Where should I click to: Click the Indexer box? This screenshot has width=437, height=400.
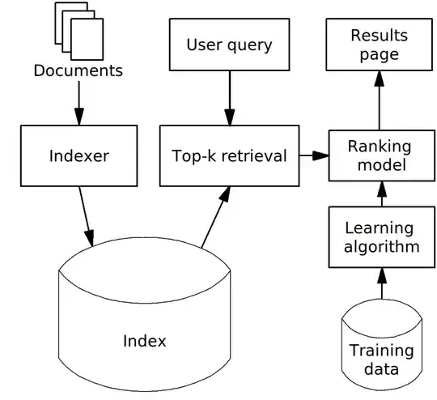click(78, 156)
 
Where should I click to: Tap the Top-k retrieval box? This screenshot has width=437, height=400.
click(229, 155)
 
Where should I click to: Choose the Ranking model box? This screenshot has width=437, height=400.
click(379, 155)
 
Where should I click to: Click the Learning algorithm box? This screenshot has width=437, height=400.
click(379, 236)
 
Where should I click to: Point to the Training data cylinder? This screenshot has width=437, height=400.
click(380, 349)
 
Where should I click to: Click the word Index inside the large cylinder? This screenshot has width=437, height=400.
click(144, 341)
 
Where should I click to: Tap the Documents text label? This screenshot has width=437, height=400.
click(78, 70)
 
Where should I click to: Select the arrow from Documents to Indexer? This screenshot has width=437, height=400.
click(78, 100)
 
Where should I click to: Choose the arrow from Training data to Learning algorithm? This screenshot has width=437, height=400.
click(379, 283)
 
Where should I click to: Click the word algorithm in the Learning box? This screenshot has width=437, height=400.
click(379, 246)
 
